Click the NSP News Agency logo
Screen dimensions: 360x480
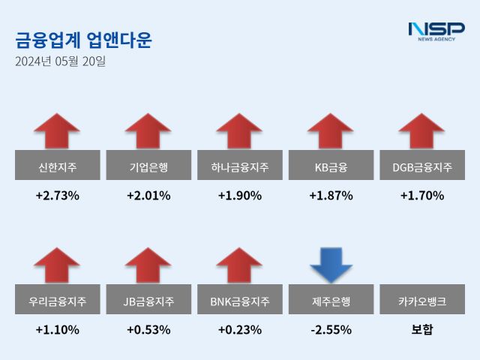436,31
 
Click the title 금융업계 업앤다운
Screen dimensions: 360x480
83,39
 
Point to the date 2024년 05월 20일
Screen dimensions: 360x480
60,61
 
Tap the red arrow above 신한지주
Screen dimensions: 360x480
57,131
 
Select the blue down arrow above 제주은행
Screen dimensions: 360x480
331,264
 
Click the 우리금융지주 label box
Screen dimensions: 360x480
57,301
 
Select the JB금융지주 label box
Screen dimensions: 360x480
148,301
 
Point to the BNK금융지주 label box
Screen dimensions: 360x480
239,301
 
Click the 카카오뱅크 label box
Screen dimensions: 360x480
422,301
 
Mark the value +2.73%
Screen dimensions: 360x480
57,196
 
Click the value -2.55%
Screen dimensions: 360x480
331,329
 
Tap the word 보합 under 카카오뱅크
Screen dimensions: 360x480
422,329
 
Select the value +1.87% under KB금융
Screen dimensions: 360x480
331,196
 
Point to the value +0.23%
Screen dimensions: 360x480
239,329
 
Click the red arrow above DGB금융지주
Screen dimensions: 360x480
422,131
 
